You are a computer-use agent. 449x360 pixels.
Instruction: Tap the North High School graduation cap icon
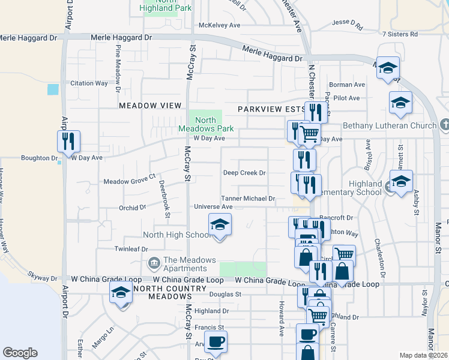tap(220, 225)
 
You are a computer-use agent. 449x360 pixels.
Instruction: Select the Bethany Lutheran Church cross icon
tap(444, 125)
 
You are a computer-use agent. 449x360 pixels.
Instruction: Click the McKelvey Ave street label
tap(219, 25)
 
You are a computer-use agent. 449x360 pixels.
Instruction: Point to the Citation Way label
tap(89, 83)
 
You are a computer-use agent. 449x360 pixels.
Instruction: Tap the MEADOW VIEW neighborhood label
tap(150, 106)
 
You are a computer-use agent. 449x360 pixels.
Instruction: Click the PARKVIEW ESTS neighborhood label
tap(271, 109)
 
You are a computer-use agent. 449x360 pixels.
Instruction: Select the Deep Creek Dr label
tap(244, 173)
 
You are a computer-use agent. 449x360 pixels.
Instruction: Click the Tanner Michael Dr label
tap(248, 199)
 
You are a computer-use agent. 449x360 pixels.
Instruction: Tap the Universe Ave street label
tap(212, 206)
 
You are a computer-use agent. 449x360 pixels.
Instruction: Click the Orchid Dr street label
tap(132, 208)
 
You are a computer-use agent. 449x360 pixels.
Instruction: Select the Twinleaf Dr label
tap(131, 248)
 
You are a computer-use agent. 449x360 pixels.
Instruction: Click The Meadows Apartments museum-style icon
tap(154, 263)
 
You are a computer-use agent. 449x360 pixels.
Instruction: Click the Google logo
tap(20, 353)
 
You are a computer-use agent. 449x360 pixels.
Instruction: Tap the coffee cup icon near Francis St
tap(215, 342)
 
